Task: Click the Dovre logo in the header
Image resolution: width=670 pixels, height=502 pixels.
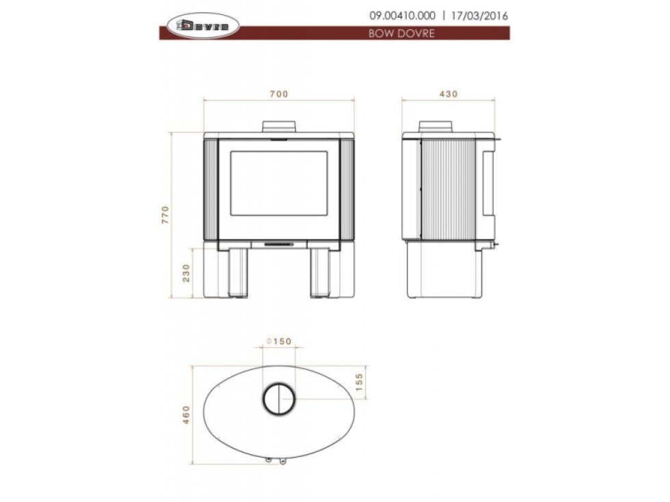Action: click(x=202, y=26)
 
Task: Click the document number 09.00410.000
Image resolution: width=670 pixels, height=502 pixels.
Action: click(x=403, y=16)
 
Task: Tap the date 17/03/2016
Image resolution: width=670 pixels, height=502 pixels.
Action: click(x=479, y=16)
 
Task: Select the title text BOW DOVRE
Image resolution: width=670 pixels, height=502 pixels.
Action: click(x=402, y=33)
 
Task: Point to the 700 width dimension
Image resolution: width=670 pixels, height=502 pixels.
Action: click(x=279, y=94)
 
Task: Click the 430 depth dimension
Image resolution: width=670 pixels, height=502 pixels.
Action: click(x=448, y=94)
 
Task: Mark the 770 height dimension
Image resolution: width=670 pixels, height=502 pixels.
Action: click(x=165, y=215)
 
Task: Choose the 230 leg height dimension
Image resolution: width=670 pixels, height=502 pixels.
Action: click(x=186, y=273)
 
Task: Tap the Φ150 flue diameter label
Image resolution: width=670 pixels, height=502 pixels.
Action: click(x=279, y=341)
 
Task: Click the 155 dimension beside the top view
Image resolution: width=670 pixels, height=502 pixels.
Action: click(x=358, y=382)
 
